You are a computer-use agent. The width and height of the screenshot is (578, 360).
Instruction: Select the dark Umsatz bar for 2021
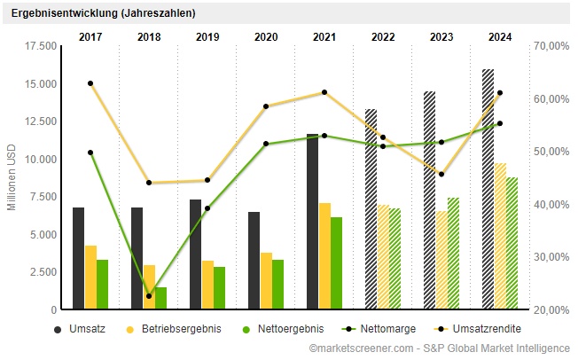(x=312, y=222)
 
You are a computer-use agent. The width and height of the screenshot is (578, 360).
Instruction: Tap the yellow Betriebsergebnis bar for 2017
(x=90, y=278)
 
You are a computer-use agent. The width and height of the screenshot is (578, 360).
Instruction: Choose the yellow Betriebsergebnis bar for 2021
(x=324, y=256)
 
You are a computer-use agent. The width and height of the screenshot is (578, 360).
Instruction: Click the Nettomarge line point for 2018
(x=149, y=296)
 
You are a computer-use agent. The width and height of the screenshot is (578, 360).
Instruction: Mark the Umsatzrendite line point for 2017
(x=90, y=83)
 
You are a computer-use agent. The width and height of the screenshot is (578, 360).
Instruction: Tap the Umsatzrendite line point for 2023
(x=441, y=174)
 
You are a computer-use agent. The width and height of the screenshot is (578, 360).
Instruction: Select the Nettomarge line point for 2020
(x=266, y=144)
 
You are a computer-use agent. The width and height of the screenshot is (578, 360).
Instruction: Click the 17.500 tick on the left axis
(x=42, y=45)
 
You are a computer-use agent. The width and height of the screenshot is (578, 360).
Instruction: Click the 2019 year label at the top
(x=207, y=36)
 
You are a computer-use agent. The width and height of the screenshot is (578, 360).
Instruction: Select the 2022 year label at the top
(x=383, y=36)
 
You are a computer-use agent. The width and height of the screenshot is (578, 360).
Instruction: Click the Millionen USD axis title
(x=12, y=178)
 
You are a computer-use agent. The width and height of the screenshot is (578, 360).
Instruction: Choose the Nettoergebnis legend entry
(x=284, y=329)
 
